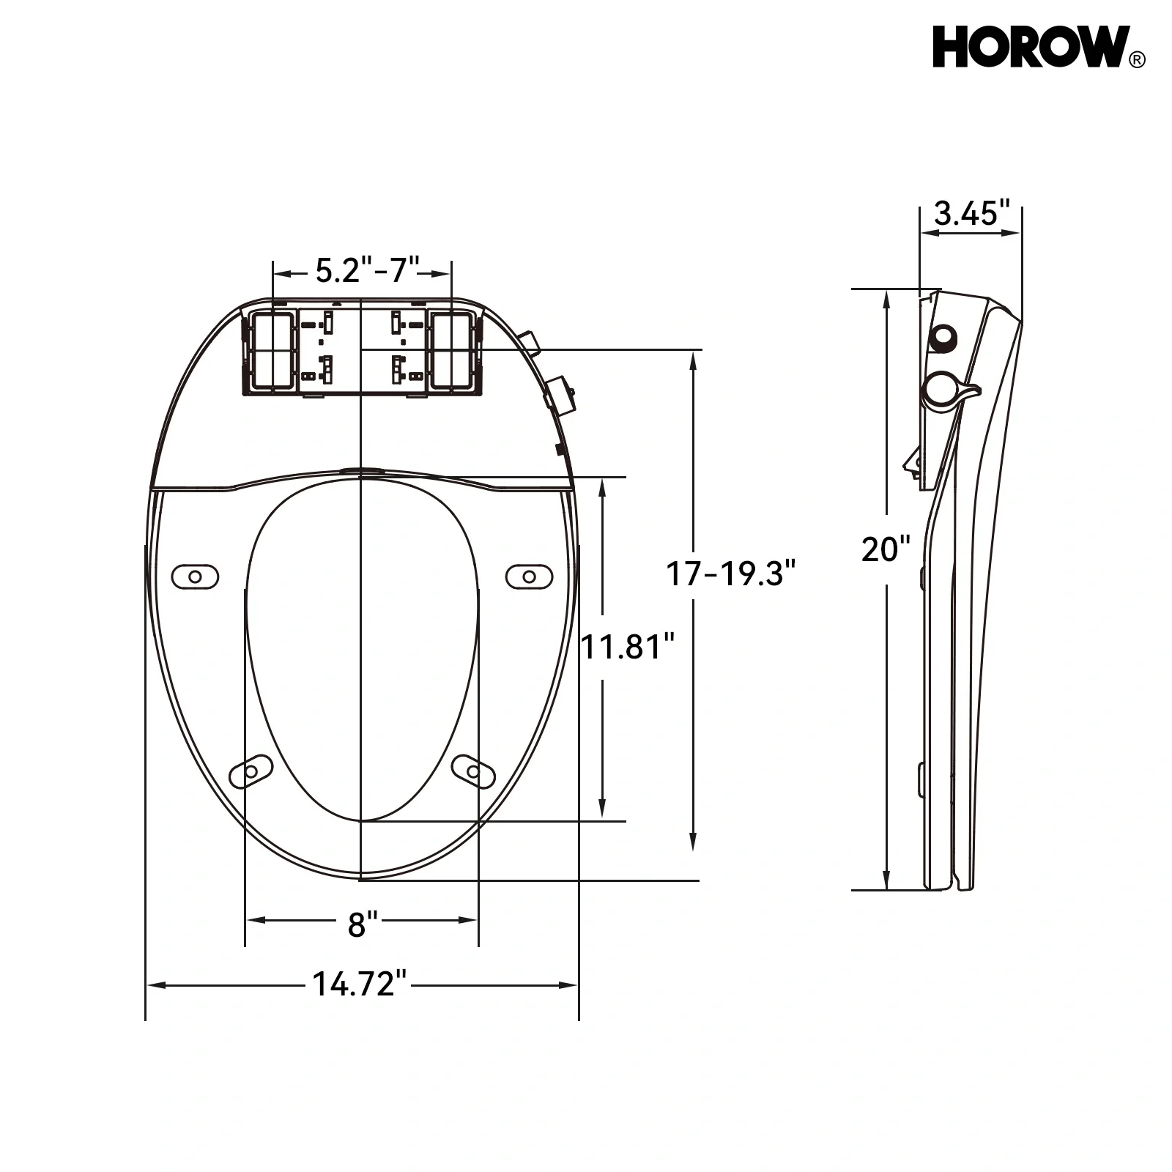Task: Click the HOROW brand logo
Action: pos(1030,48)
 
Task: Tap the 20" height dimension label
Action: pos(886,549)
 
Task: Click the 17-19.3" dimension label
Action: pos(730,573)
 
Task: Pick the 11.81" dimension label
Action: pos(627,647)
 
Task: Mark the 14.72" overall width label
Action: pos(359,984)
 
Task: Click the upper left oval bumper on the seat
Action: pos(195,576)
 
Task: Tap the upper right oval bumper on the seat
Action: pos(529,576)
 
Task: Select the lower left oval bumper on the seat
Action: pos(251,771)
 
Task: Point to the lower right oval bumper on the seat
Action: pos(473,771)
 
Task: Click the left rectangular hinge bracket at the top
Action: pos(271,350)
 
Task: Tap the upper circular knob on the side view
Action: pos(943,336)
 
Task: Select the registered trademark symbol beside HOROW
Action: pos(1138,61)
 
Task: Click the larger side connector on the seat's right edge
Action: pos(560,393)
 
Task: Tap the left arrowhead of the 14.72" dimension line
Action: pos(155,985)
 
